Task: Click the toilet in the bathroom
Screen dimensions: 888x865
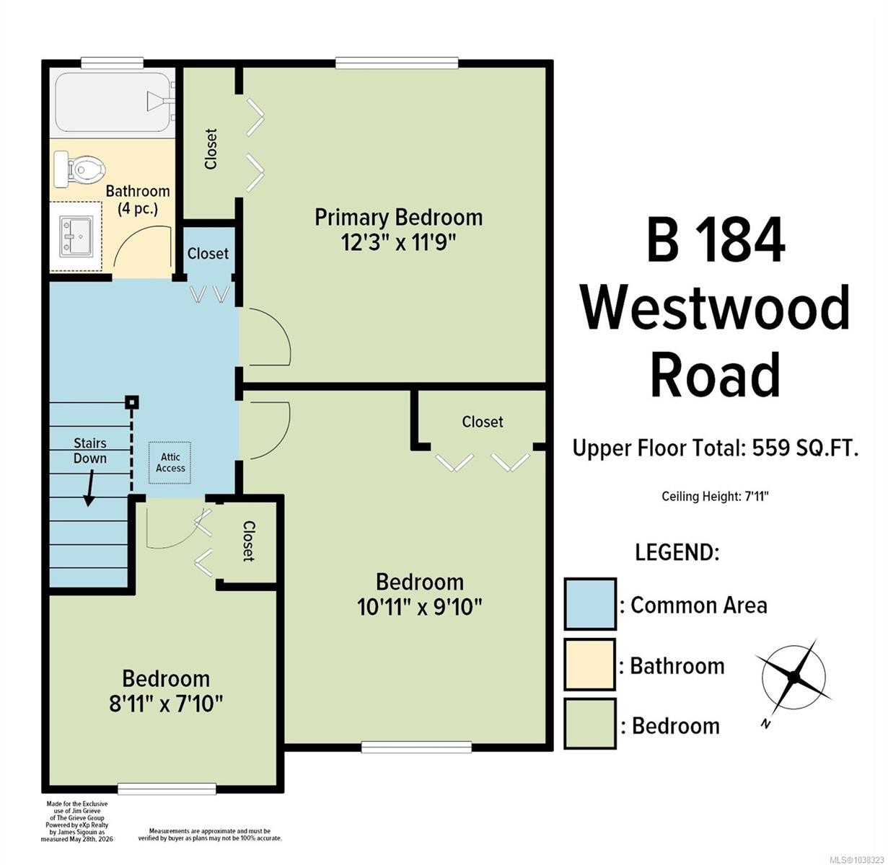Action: (x=79, y=169)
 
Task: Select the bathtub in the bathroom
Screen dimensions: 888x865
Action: (x=114, y=102)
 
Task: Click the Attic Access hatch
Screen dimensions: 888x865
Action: (x=170, y=462)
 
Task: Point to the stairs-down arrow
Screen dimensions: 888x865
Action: (x=90, y=488)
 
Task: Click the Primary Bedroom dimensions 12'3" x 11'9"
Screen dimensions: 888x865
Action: (x=398, y=243)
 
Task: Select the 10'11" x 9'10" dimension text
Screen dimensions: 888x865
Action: (x=419, y=607)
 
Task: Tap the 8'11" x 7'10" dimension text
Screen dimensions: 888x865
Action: (x=166, y=704)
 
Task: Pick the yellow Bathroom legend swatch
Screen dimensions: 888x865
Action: (x=589, y=665)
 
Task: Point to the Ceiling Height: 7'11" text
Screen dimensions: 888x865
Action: (x=715, y=496)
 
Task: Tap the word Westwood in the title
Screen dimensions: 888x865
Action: (x=715, y=308)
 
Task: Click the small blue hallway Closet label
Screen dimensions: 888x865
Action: (x=208, y=253)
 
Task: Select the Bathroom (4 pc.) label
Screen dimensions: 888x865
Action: (x=137, y=200)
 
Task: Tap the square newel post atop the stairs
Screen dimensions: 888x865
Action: (x=132, y=402)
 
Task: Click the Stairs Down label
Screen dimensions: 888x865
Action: (x=90, y=451)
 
